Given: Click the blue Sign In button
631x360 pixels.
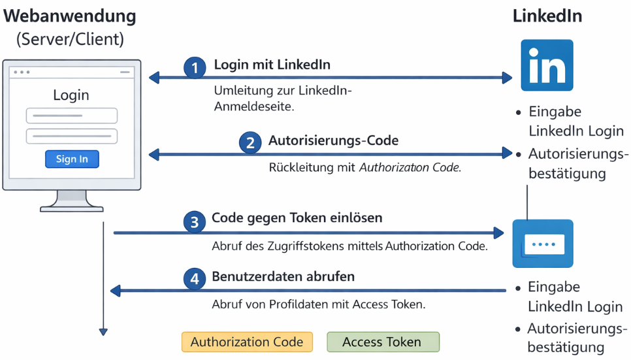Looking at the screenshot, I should pyautogui.click(x=72, y=159).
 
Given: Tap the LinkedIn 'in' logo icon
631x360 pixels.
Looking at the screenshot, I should pyautogui.click(x=547, y=65).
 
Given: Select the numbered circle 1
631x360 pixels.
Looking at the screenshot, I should pyautogui.click(x=194, y=68).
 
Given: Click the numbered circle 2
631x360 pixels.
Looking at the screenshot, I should pyautogui.click(x=249, y=143).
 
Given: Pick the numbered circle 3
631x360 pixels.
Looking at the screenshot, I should pyautogui.click(x=194, y=222).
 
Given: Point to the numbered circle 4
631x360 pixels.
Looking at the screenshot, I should pyautogui.click(x=194, y=279).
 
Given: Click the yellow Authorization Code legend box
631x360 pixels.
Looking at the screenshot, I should pyautogui.click(x=247, y=342).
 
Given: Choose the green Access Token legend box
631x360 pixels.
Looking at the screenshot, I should pyautogui.click(x=382, y=342).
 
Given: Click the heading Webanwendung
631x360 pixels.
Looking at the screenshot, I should pyautogui.click(x=70, y=16).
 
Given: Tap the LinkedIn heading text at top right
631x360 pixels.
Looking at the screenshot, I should pyautogui.click(x=547, y=16).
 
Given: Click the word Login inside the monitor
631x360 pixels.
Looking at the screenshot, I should pyautogui.click(x=71, y=95).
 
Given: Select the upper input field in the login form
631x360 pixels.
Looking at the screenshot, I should pyautogui.click(x=72, y=116).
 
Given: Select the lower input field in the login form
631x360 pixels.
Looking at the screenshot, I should pyautogui.click(x=72, y=136).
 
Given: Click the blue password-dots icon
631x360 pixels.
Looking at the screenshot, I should pyautogui.click(x=543, y=244).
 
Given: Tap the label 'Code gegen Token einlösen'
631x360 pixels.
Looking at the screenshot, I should pyautogui.click(x=297, y=218).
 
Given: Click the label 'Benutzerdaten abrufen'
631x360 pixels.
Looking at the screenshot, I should pyautogui.click(x=283, y=276).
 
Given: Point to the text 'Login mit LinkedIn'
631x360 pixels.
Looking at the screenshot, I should pyautogui.click(x=272, y=65).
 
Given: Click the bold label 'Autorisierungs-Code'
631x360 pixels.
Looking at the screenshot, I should pyautogui.click(x=333, y=140).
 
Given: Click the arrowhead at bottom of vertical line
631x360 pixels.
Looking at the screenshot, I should pyautogui.click(x=103, y=331).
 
